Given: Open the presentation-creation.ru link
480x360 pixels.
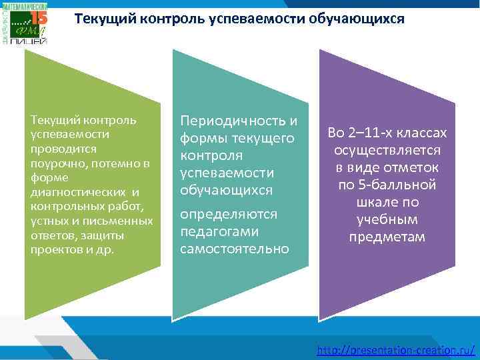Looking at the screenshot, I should tap(396, 349).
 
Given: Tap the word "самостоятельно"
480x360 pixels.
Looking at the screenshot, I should tap(234, 249).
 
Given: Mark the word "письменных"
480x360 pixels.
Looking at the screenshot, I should tap(127, 221).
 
